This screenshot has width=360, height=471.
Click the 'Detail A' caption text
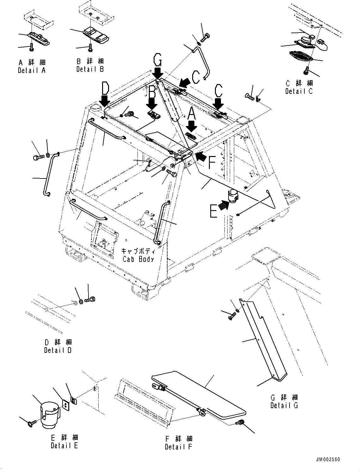pos(32,70)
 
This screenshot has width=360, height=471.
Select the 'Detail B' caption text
pos(90,69)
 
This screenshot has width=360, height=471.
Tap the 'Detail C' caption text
pos(299,91)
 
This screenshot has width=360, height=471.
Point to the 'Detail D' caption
pos(58,350)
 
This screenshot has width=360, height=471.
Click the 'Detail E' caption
pos(64,445)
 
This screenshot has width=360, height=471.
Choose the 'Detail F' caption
pos(178,447)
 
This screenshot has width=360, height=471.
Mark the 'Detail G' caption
pos(284,405)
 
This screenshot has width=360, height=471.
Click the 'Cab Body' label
pos(138,259)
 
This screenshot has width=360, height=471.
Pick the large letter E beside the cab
pos(214,211)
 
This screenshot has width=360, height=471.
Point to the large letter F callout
pos(211,163)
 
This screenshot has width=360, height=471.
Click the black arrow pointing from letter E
pos(223,206)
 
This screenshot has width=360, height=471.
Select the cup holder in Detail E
pos(50,414)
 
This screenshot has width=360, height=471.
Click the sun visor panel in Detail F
pos(202,395)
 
